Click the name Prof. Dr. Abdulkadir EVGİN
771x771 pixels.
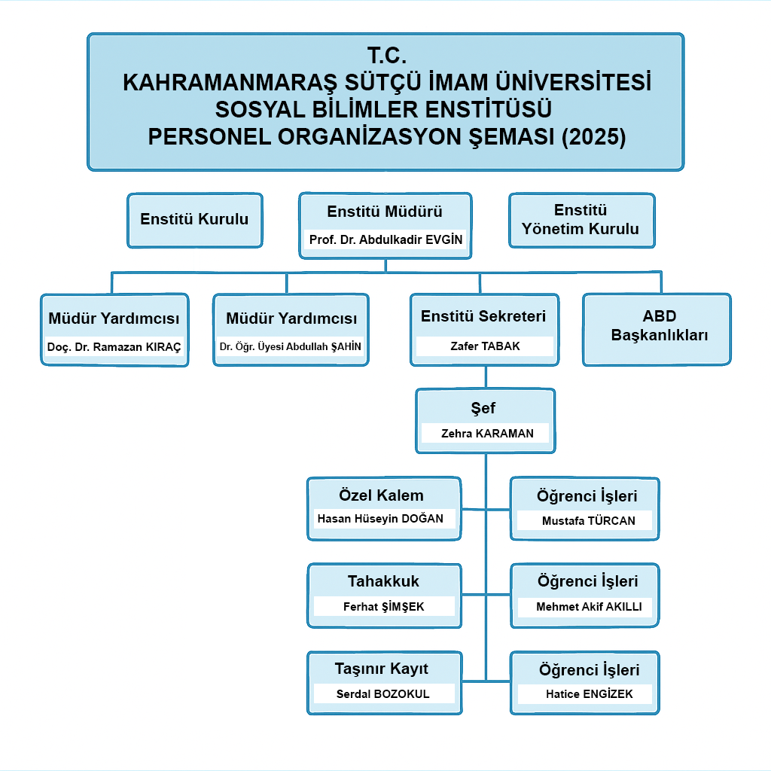pyautogui.click(x=385, y=239)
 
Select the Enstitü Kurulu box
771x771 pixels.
pyautogui.click(x=195, y=221)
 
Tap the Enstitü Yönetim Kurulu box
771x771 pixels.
pyautogui.click(x=582, y=221)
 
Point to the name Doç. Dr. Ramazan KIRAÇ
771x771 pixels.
pyautogui.click(x=114, y=346)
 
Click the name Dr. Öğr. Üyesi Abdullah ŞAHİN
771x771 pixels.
pyautogui.click(x=290, y=346)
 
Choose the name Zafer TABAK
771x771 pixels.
pyautogui.click(x=485, y=346)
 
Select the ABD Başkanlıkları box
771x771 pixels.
pyautogui.click(x=657, y=330)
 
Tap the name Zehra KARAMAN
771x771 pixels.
pyautogui.click(x=487, y=433)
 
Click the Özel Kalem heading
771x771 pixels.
pyautogui.click(x=381, y=495)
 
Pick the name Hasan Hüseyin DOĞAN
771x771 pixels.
pyautogui.click(x=380, y=518)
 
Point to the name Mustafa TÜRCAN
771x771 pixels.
pyautogui.click(x=588, y=521)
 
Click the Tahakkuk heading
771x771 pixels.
pyautogui.click(x=383, y=581)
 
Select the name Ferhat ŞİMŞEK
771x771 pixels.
pyautogui.click(x=383, y=606)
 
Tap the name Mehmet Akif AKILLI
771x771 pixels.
pyautogui.click(x=589, y=606)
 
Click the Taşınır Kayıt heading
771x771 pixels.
pyautogui.click(x=382, y=669)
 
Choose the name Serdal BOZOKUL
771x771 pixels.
pyautogui.click(x=382, y=693)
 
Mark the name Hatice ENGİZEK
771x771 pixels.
pyautogui.click(x=589, y=693)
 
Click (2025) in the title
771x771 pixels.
pyautogui.click(x=593, y=137)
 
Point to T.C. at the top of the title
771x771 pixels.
pyautogui.click(x=386, y=55)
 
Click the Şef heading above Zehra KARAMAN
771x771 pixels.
pyautogui.click(x=483, y=408)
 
